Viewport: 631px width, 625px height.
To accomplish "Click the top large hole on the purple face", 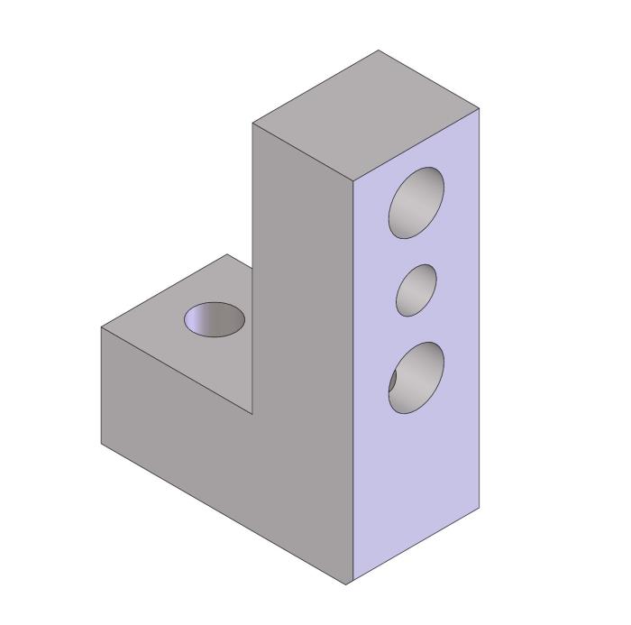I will point(416,203).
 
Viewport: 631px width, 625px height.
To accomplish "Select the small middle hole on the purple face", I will point(416,290).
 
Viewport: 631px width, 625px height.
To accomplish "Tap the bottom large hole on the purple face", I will point(417,377).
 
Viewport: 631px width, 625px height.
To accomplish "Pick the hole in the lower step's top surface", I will point(215,319).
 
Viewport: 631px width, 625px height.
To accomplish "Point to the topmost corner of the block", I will point(379,51).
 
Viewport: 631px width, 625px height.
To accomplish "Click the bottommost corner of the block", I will point(347,584).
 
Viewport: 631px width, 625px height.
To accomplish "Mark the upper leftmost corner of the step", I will point(101,326).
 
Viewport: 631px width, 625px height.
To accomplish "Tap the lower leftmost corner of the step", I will point(101,444).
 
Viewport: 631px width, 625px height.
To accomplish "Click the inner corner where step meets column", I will point(252,414).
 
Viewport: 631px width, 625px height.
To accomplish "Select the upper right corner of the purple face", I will point(480,108).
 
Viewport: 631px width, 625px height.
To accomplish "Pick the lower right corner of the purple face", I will point(480,509).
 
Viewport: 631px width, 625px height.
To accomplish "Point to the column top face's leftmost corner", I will point(252,124).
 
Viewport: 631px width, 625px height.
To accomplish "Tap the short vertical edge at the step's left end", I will point(101,385).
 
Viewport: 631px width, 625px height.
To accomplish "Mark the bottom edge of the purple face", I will point(414,547).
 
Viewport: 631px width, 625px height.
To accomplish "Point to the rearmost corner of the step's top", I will point(225,254).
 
